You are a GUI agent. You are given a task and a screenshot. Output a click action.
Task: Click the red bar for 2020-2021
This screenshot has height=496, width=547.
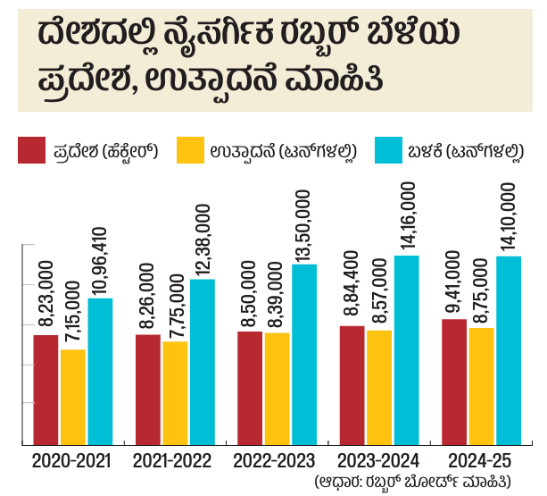[x=46, y=390]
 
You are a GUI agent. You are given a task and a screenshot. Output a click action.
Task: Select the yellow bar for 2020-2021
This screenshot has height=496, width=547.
[x=73, y=397]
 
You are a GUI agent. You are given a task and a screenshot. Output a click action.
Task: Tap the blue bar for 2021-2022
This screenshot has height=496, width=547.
[x=203, y=362]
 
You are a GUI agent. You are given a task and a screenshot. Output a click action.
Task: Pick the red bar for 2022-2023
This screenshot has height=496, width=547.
[x=250, y=388]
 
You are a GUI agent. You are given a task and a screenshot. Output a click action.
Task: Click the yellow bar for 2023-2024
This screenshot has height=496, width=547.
[x=379, y=387]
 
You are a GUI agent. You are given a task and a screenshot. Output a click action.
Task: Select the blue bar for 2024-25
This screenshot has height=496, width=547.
[x=509, y=350]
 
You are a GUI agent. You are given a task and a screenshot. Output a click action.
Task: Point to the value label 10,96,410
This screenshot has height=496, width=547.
[x=100, y=261]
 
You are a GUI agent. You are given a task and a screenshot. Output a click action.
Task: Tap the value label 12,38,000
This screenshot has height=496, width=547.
[x=203, y=241]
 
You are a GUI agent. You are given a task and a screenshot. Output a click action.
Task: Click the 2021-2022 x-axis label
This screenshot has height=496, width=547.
[x=172, y=461]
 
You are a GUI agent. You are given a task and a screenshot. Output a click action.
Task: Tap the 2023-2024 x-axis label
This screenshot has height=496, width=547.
[x=376, y=461]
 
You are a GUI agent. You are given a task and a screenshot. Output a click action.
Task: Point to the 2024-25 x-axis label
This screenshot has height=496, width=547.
[x=482, y=461]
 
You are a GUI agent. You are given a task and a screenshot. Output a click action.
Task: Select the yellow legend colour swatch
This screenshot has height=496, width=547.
[x=192, y=150]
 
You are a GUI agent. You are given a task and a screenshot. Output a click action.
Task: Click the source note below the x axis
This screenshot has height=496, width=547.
[x=412, y=482]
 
